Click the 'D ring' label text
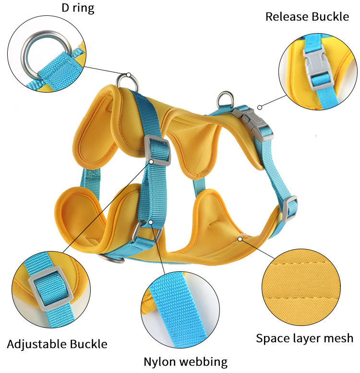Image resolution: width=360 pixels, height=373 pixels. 78,8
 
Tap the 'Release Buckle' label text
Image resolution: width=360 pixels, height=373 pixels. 307,17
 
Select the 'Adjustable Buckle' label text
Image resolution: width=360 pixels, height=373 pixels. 57,344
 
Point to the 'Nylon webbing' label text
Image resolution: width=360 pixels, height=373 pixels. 186,361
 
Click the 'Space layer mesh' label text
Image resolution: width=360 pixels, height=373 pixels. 304,338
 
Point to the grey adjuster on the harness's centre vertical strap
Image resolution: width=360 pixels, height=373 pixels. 157,150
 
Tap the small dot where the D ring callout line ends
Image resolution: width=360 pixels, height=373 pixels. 129,74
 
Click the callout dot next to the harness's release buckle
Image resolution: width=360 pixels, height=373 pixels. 259,107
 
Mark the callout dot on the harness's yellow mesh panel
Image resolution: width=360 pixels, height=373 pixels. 239,237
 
